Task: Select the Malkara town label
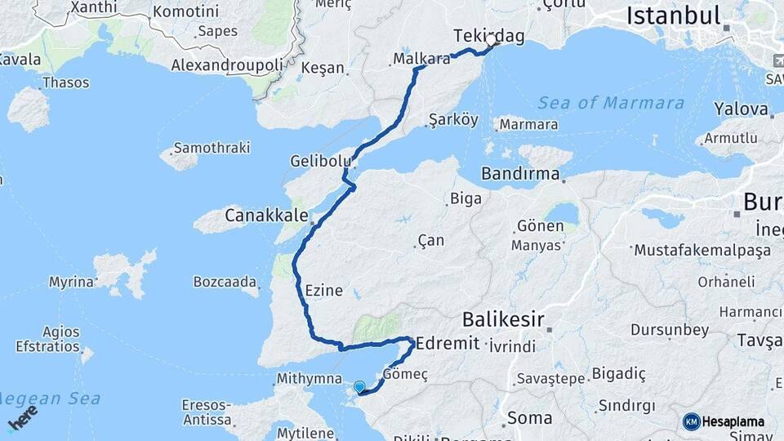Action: pyautogui.click(x=421, y=59)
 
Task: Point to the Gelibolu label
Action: pyautogui.click(x=320, y=161)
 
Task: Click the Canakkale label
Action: pyautogui.click(x=266, y=216)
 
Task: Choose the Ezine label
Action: pyautogui.click(x=323, y=290)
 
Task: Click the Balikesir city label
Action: pyautogui.click(x=503, y=318)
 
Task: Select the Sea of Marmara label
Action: pyautogui.click(x=611, y=103)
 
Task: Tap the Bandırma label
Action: pyautogui.click(x=520, y=174)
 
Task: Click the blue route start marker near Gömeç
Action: pyautogui.click(x=359, y=386)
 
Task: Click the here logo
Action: pyautogui.click(x=21, y=417)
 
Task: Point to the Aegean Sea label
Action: pyautogui.click(x=49, y=399)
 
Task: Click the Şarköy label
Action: pyautogui.click(x=452, y=119)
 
